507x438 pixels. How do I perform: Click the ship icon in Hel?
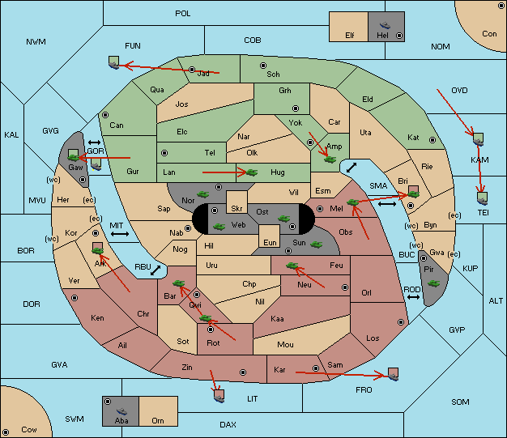pyautogui.click(x=385, y=25)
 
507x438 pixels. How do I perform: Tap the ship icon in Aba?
pyautogui.click(x=122, y=411)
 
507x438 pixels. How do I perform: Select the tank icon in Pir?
pyautogui.click(x=433, y=283)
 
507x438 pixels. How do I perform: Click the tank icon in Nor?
pyautogui.click(x=203, y=194)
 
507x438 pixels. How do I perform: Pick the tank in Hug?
pyautogui.click(x=252, y=172)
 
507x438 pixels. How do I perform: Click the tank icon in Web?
pyautogui.click(x=219, y=227)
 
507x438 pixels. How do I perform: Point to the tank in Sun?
pyautogui.click(x=316, y=245)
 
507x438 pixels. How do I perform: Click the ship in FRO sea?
pyautogui.click(x=393, y=374)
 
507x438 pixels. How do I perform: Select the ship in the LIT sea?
pyautogui.click(x=219, y=396)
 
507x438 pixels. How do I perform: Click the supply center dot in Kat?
pyautogui.click(x=432, y=140)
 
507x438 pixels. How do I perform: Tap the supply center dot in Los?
pyautogui.click(x=401, y=322)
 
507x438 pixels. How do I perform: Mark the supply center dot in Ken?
pyautogui.click(x=75, y=298)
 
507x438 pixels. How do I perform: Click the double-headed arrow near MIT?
pyautogui.click(x=120, y=234)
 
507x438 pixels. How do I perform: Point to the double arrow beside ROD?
pyautogui.click(x=413, y=297)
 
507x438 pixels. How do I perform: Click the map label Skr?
pyautogui.click(x=236, y=209)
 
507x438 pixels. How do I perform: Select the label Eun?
pyautogui.click(x=270, y=242)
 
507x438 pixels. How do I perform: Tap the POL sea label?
pyautogui.click(x=183, y=14)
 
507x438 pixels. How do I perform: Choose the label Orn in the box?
pyautogui.click(x=158, y=420)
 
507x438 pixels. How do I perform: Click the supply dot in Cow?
pyautogui.click(x=6, y=432)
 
